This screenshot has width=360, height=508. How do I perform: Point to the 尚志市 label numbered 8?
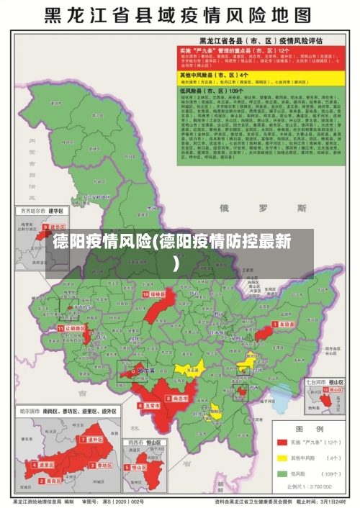point(179,398)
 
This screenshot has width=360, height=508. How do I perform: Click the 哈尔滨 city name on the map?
point(145,371)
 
